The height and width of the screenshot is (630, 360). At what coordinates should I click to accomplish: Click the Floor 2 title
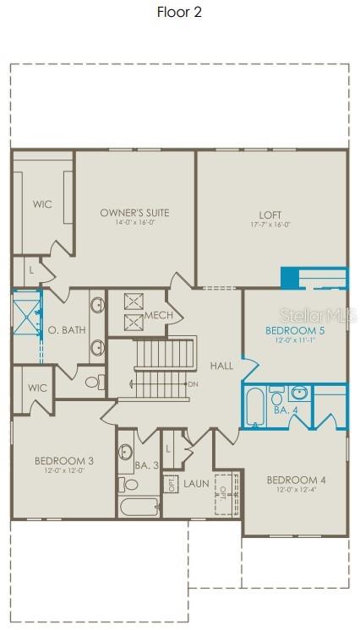(x=179, y=12)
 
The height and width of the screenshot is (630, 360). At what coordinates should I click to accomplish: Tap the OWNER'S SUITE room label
(x=134, y=213)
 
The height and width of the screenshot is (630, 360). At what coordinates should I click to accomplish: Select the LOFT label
(x=270, y=215)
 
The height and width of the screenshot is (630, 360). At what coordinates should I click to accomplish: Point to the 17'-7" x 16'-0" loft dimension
(x=270, y=225)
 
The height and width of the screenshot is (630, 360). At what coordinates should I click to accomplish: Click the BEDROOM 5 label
(x=295, y=330)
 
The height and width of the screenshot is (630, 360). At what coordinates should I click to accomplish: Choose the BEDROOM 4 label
(x=296, y=481)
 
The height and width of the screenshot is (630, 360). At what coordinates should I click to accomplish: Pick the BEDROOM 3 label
(x=64, y=460)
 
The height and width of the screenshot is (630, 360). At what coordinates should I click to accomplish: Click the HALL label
(x=221, y=366)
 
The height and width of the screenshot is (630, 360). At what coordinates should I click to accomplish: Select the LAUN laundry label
(x=197, y=484)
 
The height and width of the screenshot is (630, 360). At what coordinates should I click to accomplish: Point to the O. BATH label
(x=66, y=329)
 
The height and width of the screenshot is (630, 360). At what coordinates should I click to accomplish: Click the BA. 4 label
(x=285, y=410)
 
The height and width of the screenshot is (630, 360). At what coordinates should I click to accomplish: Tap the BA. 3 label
(x=145, y=464)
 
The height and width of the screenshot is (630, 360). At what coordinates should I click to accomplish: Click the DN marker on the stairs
(x=193, y=384)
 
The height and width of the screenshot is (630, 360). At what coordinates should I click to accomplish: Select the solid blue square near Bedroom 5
(x=291, y=278)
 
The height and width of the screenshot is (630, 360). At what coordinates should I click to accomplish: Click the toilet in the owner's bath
(x=92, y=382)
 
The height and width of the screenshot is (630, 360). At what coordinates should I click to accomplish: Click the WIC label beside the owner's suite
(x=42, y=204)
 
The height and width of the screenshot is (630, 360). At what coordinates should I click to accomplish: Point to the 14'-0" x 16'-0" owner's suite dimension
(x=134, y=223)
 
